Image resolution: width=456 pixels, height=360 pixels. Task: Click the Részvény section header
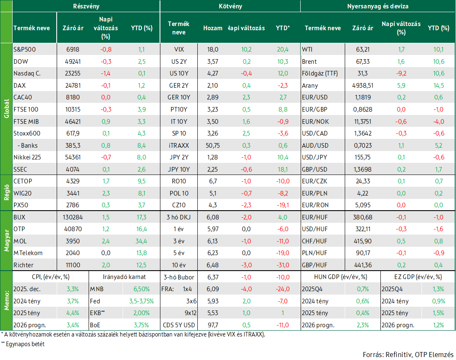click(x=86, y=6)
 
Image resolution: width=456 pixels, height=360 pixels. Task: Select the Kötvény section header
click(x=231, y=6)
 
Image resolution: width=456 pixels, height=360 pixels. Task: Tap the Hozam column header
click(x=212, y=28)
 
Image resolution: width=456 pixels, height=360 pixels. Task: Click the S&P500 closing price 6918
click(x=73, y=50)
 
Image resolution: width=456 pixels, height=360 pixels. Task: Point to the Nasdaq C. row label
click(x=27, y=73)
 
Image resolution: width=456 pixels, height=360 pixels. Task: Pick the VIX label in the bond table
click(x=179, y=50)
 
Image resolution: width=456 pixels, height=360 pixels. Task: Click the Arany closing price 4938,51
click(x=363, y=86)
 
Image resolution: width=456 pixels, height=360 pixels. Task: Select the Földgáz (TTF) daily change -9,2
click(x=401, y=73)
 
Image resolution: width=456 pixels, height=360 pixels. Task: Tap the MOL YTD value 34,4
click(x=142, y=241)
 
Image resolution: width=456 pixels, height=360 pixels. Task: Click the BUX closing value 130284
click(x=73, y=217)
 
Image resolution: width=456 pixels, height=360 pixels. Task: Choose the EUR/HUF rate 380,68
click(x=363, y=217)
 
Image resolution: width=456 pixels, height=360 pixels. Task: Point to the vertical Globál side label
click(x=6, y=109)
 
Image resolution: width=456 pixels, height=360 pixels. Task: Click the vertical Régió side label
click(x=6, y=193)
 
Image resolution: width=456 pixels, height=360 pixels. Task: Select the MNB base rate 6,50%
click(x=142, y=289)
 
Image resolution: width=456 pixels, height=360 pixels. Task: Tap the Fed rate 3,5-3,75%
click(x=142, y=301)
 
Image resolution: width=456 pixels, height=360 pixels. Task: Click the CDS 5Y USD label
click(x=179, y=325)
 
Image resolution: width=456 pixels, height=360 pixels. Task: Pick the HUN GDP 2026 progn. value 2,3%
click(x=363, y=325)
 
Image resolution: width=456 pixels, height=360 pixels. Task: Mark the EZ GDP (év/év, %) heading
click(x=418, y=277)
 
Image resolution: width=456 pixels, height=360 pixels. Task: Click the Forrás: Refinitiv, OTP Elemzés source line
click(x=408, y=355)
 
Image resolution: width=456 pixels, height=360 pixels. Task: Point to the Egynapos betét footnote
click(x=23, y=344)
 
